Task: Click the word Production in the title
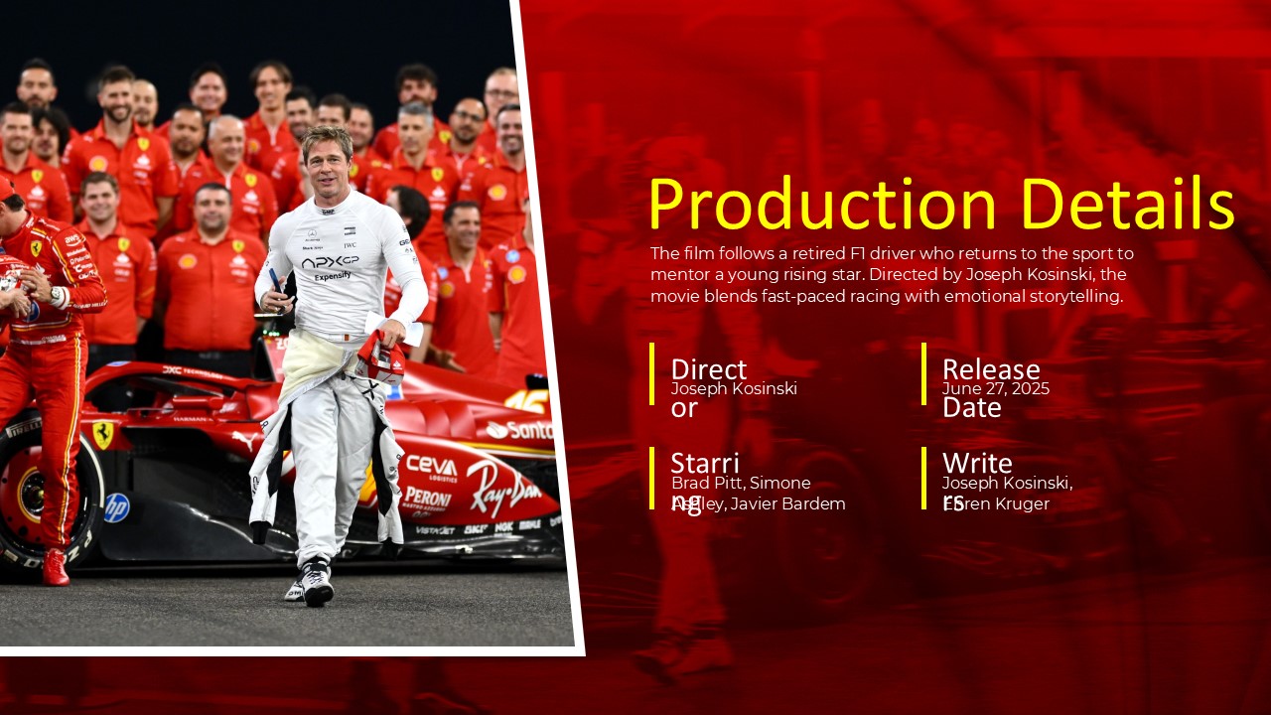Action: click(x=822, y=205)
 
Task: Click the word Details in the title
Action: click(x=1127, y=205)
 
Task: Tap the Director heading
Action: click(x=708, y=371)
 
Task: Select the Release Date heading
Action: click(x=990, y=371)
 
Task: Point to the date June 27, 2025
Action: click(x=995, y=389)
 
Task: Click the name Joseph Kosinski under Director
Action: click(x=734, y=389)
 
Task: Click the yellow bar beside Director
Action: click(x=652, y=373)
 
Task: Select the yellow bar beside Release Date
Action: click(x=923, y=373)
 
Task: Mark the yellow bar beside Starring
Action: click(x=652, y=478)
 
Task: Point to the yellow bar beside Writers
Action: click(x=923, y=478)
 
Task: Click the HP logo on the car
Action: click(x=117, y=507)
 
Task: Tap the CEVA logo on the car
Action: click(x=432, y=467)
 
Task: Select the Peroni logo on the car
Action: click(x=427, y=498)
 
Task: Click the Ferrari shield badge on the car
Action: click(x=102, y=434)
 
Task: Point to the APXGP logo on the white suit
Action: click(x=330, y=261)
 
